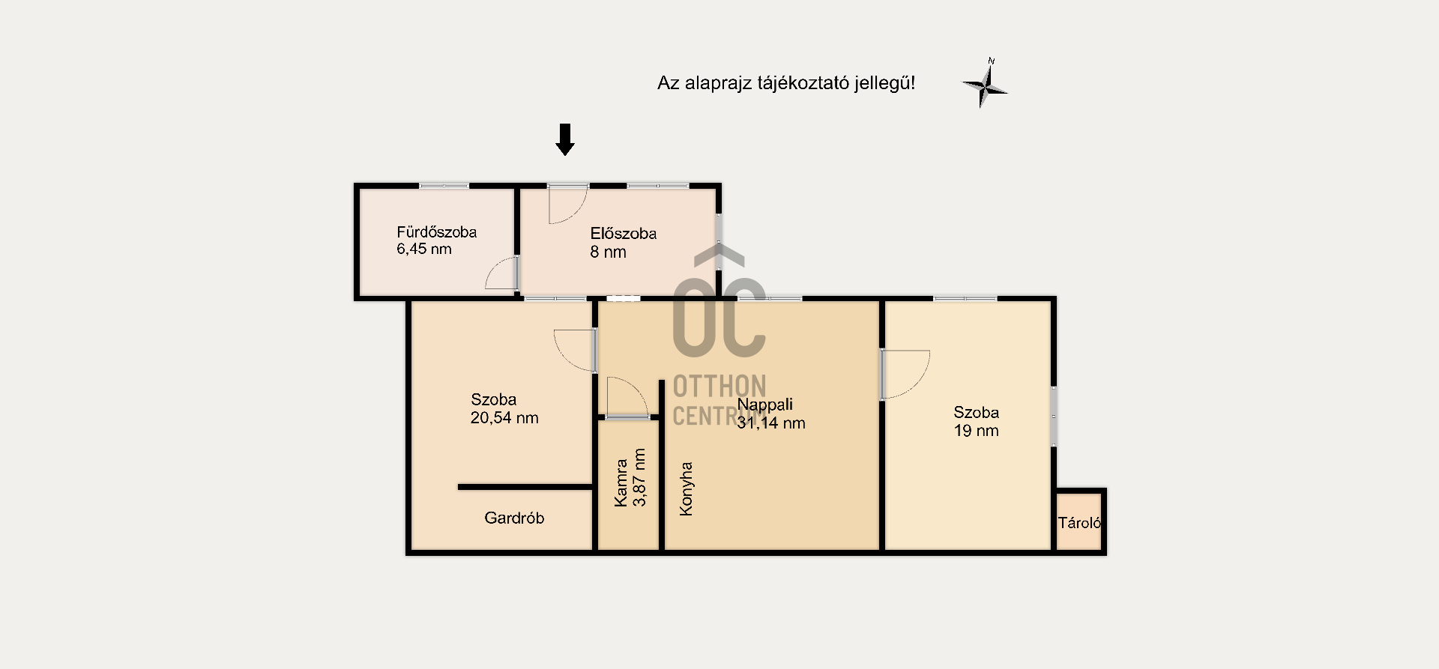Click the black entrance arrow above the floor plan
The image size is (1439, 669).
pos(565,139)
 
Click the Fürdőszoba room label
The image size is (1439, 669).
pos(437,232)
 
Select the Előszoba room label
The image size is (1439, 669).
pos(624,234)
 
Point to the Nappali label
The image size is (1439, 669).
pos(765,405)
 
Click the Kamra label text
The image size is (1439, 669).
pos(621,482)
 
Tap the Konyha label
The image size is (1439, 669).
pos(686,488)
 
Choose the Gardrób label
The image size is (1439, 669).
pos(514,518)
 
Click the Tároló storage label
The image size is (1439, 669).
pos(1079,523)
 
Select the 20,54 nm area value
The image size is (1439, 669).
pos(504,418)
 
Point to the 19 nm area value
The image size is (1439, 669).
pos(977,431)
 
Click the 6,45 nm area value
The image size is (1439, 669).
pos(424,249)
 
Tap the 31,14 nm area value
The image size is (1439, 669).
pos(771,423)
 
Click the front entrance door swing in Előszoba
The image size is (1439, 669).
pos(567,205)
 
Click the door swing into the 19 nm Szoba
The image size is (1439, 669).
pos(905,374)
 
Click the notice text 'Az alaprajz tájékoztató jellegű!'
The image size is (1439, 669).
pos(786,83)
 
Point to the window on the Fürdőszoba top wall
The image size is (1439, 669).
pos(444,186)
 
